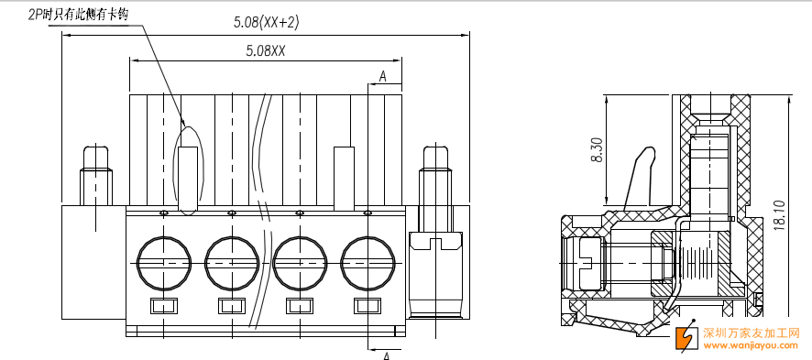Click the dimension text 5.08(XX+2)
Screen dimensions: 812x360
pyautogui.click(x=266, y=22)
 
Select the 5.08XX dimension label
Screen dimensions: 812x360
pyautogui.click(x=266, y=50)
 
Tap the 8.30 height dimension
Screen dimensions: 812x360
pyautogui.click(x=597, y=150)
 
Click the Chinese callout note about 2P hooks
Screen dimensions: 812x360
pyautogui.click(x=78, y=15)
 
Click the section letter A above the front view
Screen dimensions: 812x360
pyautogui.click(x=383, y=77)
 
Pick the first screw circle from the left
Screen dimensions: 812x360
pyautogui.click(x=164, y=263)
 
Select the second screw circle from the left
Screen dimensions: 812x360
pyautogui.click(x=232, y=263)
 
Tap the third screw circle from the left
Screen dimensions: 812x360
pyautogui.click(x=300, y=263)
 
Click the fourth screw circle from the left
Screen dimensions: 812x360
pyautogui.click(x=368, y=263)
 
